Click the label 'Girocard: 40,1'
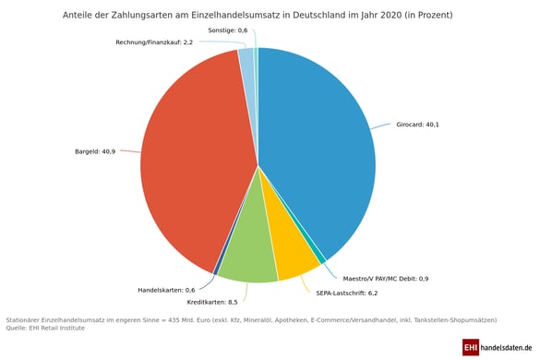[417, 125]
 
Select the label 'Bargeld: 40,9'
[95, 151]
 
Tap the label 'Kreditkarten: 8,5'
[212, 302]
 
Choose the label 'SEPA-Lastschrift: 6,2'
[346, 293]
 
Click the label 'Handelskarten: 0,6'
[166, 290]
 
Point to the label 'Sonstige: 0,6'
[227, 30]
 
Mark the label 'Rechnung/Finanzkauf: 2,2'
[154, 42]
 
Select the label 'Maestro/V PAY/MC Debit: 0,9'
[385, 278]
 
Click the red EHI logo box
[471, 347]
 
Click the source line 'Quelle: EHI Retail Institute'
[45, 328]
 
